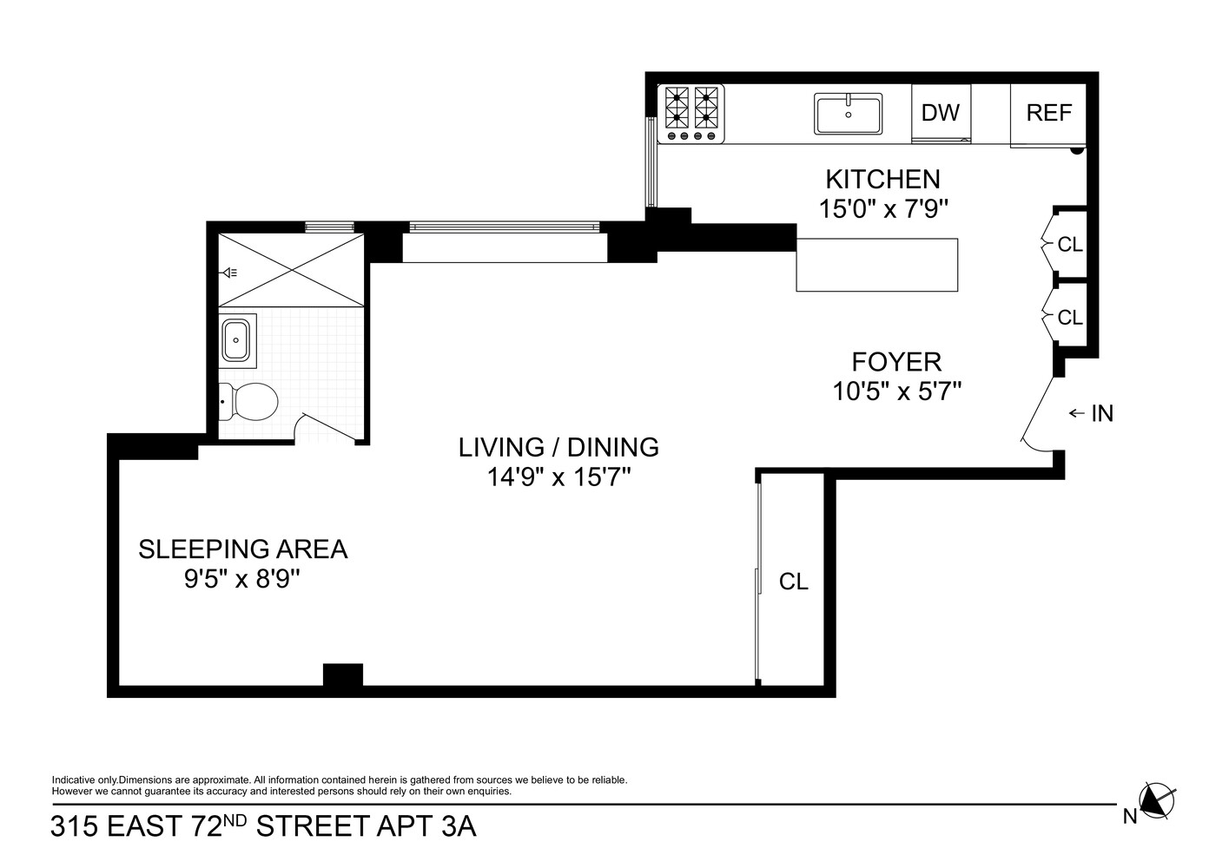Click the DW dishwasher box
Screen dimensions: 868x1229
point(941,113)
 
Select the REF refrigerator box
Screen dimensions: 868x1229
point(1048,114)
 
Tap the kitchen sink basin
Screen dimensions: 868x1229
point(848,114)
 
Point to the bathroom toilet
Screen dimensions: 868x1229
point(250,402)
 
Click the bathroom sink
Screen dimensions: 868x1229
point(236,339)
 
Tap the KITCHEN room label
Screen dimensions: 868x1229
point(882,179)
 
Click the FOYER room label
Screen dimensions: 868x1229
point(896,361)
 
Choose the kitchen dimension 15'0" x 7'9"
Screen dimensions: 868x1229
point(882,208)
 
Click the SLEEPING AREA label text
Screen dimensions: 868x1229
point(243,549)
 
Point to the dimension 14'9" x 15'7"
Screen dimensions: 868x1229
point(558,477)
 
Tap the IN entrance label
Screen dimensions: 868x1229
point(1101,413)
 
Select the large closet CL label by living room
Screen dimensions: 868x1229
point(793,582)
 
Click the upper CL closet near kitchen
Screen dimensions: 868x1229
point(1069,245)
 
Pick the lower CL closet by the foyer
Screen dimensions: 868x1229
point(1069,318)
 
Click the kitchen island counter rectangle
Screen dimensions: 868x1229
point(877,265)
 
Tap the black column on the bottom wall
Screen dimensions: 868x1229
point(343,675)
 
